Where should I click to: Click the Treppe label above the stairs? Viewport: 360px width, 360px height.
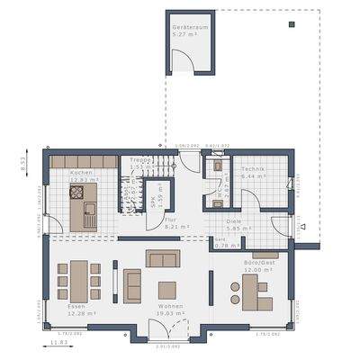140,160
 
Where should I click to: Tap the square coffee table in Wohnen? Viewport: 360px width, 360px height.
166,289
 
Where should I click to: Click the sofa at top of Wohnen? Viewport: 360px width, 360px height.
163,259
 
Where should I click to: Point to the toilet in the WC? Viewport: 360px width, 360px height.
216,166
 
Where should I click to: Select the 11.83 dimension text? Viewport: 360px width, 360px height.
58,342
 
